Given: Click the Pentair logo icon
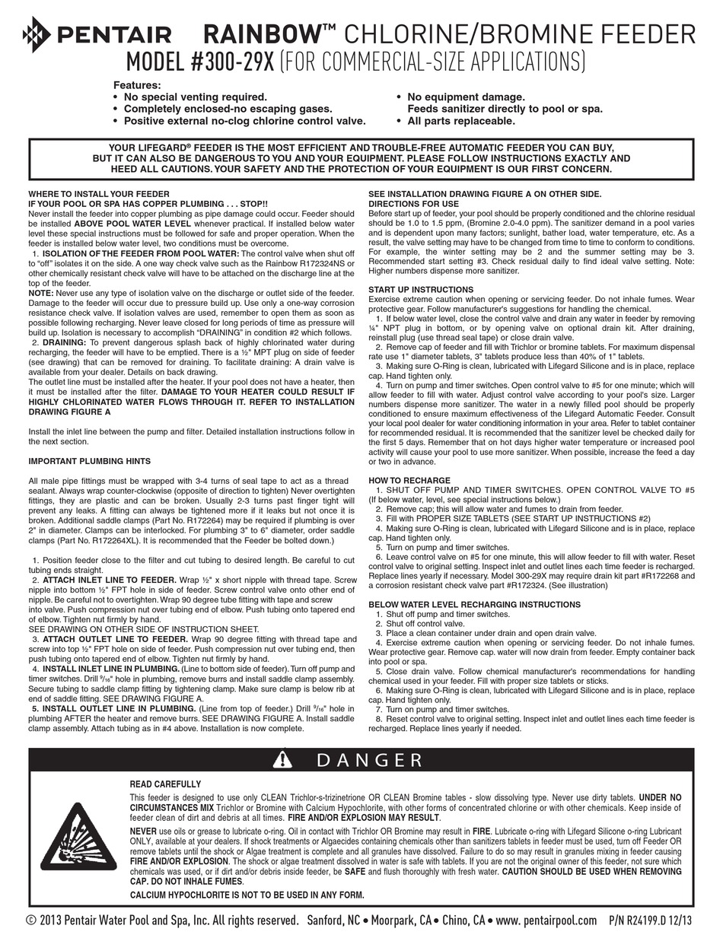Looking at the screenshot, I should [x=37, y=33].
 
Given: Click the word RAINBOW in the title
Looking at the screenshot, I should [x=260, y=33].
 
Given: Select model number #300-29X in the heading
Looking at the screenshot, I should [x=200, y=60].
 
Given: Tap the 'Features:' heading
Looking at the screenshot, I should [x=137, y=85].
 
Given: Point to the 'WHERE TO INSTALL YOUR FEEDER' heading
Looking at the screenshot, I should [x=99, y=195].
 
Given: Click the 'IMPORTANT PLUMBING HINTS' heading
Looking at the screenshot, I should [x=90, y=461].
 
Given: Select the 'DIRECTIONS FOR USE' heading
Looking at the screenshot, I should [x=413, y=204].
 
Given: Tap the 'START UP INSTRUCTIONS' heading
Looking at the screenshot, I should [x=421, y=290].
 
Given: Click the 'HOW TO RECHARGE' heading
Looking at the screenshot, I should [x=409, y=481].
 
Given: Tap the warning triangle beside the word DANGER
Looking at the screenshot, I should [x=282, y=759].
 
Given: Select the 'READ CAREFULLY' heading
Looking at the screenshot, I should [x=166, y=784].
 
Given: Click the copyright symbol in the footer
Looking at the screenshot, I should [x=31, y=921].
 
